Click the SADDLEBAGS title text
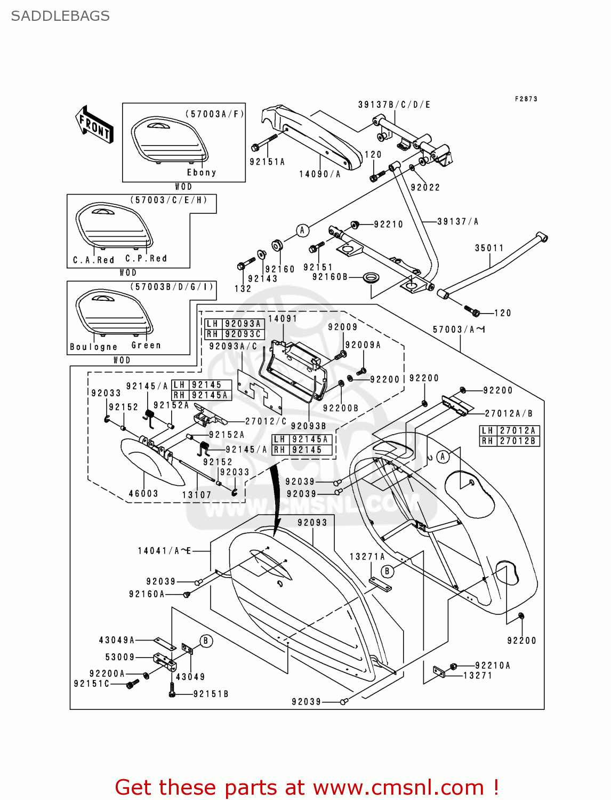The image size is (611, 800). coord(60,16)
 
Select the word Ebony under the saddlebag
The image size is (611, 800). coord(202,173)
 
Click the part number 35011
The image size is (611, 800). coord(489,248)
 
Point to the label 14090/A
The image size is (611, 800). coord(319,174)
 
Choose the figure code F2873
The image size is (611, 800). coord(526,99)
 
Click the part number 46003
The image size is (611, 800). coord(143,494)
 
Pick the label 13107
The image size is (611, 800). coord(197,495)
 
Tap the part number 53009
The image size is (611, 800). coord(120,657)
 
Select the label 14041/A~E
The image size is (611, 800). coord(164,551)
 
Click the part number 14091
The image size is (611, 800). coord(283,318)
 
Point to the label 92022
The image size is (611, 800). coord(425,187)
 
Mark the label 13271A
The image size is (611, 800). coord(367,557)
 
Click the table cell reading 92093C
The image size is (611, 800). coord(243,334)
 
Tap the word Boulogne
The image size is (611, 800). coord(94,347)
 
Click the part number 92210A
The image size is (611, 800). coord(493,665)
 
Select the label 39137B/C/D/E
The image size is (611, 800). coord(394,105)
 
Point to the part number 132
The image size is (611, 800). coord(243,289)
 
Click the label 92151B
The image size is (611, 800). coord(211,694)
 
